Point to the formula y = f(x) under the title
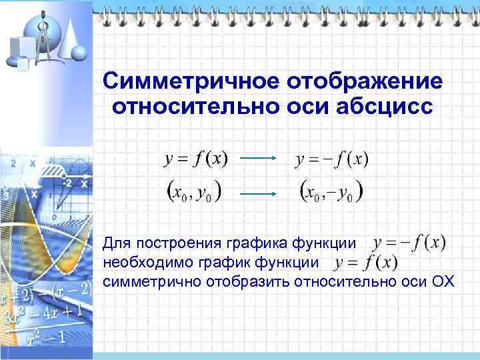click(x=195, y=159)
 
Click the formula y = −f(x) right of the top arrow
click(x=331, y=159)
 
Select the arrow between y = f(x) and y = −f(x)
click(x=258, y=159)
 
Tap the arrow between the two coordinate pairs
click(x=258, y=193)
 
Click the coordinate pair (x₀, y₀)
click(x=193, y=192)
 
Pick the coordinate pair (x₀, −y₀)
click(x=332, y=192)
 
